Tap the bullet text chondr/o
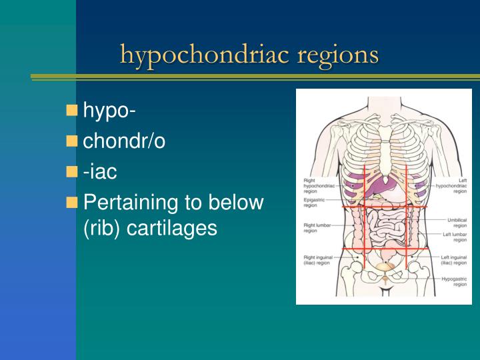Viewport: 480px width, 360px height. [124, 141]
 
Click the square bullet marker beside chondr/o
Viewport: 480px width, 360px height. [72, 141]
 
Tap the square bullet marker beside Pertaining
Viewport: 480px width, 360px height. [72, 201]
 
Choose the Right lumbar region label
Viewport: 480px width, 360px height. [315, 228]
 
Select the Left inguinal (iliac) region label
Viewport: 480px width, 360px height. [453, 259]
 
